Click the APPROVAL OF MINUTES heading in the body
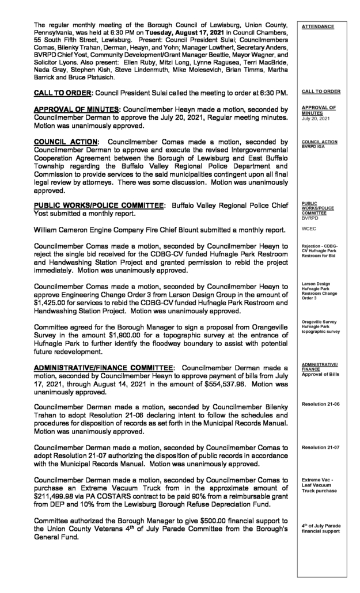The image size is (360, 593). [x=77, y=109]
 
